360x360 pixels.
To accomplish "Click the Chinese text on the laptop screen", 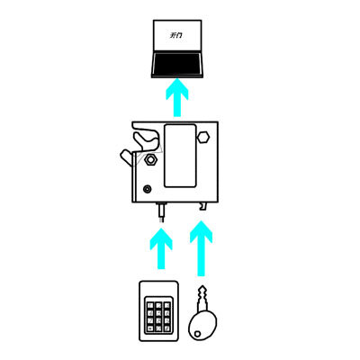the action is pyautogui.click(x=176, y=35).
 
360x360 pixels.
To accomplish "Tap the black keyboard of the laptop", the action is pyautogui.click(x=177, y=64).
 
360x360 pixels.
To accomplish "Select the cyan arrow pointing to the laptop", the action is pyautogui.click(x=177, y=97).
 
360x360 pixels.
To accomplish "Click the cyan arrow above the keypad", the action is pyautogui.click(x=161, y=248).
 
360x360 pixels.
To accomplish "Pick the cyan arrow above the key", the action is pyautogui.click(x=202, y=248).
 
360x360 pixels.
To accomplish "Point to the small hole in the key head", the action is pyautogui.click(x=197, y=333).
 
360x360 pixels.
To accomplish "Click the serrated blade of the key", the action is pyautogui.click(x=203, y=298).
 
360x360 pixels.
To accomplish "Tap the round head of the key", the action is pyautogui.click(x=202, y=326).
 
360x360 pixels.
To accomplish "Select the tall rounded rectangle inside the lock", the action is pyautogui.click(x=180, y=156).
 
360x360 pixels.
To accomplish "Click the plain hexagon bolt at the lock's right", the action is pyautogui.click(x=203, y=137).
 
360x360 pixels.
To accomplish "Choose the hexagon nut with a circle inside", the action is pyautogui.click(x=150, y=160).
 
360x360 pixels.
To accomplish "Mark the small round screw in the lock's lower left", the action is pyautogui.click(x=148, y=189).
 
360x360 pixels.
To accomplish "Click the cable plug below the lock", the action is pyautogui.click(x=162, y=212).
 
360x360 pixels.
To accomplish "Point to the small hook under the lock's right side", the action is pyautogui.click(x=203, y=206).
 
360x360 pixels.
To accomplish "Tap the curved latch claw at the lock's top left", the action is pyautogui.click(x=146, y=139).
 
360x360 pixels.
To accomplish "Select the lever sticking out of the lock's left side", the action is pyautogui.click(x=127, y=157).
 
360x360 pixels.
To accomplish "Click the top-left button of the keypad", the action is pyautogui.click(x=150, y=305).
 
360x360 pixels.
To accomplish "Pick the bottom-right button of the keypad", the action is pyautogui.click(x=166, y=328).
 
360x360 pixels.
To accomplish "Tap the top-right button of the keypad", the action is pyautogui.click(x=166, y=305).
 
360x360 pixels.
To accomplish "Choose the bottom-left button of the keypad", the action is pyautogui.click(x=150, y=328).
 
